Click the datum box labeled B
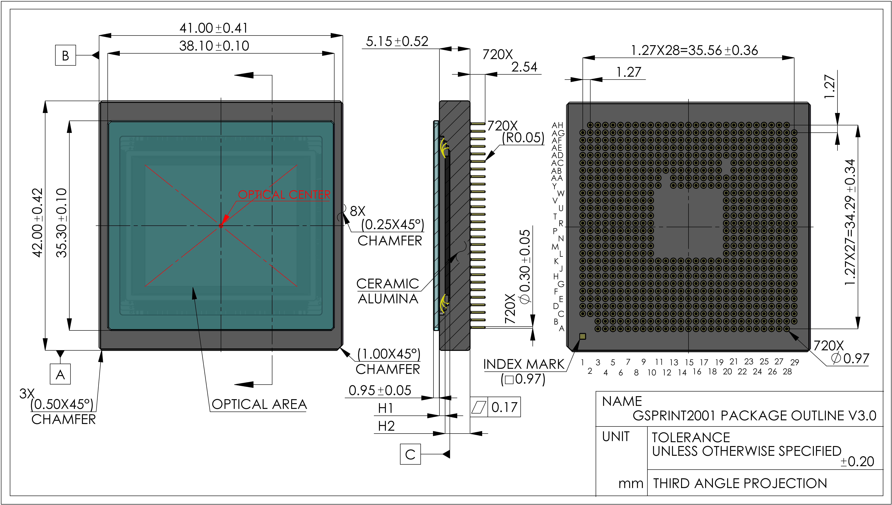pos(65,55)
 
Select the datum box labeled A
pos(60,374)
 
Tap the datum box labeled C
pos(410,454)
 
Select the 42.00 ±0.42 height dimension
pos(37,223)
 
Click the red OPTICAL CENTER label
pos(284,195)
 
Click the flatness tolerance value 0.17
pos(504,407)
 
